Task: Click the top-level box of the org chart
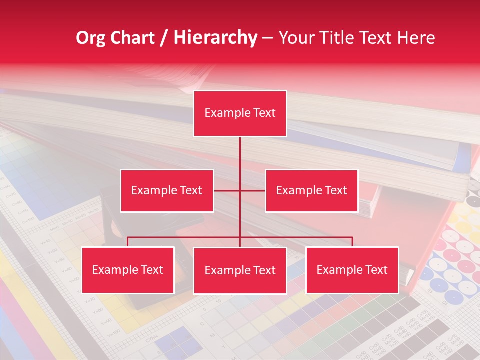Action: coord(240,113)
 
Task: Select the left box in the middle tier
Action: coord(166,190)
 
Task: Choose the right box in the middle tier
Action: coord(311,190)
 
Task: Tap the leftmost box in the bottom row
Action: coord(128,270)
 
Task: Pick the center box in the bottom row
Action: coord(240,271)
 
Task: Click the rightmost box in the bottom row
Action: coord(352,270)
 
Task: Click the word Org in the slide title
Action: coord(90,38)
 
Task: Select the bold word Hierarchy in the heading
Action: coord(215,38)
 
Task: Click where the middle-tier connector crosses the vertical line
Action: coord(240,190)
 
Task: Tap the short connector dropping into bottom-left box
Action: coord(128,242)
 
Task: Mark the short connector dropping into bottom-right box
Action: coord(352,242)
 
